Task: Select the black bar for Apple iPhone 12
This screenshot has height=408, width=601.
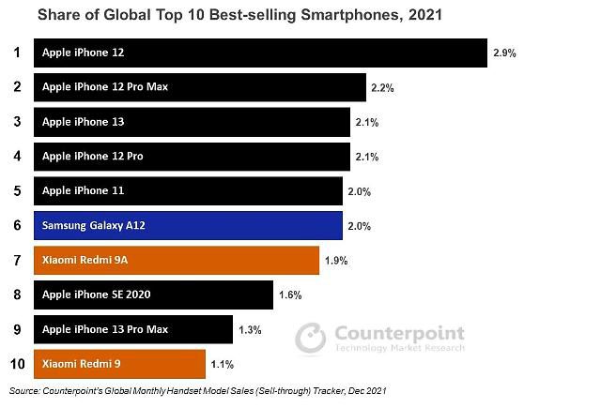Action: [x=260, y=53]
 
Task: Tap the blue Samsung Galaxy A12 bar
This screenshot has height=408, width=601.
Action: [x=188, y=225]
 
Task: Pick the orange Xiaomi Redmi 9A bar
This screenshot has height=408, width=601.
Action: [x=177, y=260]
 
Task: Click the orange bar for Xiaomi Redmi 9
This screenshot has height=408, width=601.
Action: [x=119, y=363]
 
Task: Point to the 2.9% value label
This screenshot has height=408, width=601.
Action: [x=503, y=53]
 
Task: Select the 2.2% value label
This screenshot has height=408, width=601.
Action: [x=382, y=87]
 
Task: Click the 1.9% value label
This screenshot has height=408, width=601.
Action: [x=335, y=261]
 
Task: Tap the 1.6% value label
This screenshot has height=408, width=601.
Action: [x=289, y=295]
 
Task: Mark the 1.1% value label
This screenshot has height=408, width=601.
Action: [x=222, y=364]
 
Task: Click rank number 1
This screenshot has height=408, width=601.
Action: [x=16, y=53]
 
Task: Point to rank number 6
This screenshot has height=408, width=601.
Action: [x=16, y=225]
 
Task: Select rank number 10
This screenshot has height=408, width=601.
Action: [x=16, y=363]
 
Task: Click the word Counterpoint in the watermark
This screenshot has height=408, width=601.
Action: [x=396, y=334]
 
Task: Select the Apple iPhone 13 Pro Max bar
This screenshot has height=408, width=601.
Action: [x=132, y=329]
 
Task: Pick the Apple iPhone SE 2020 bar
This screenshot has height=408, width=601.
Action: [x=153, y=295]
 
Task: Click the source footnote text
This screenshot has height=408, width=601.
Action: [x=198, y=390]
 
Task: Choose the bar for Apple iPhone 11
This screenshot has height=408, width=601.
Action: [x=188, y=190]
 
